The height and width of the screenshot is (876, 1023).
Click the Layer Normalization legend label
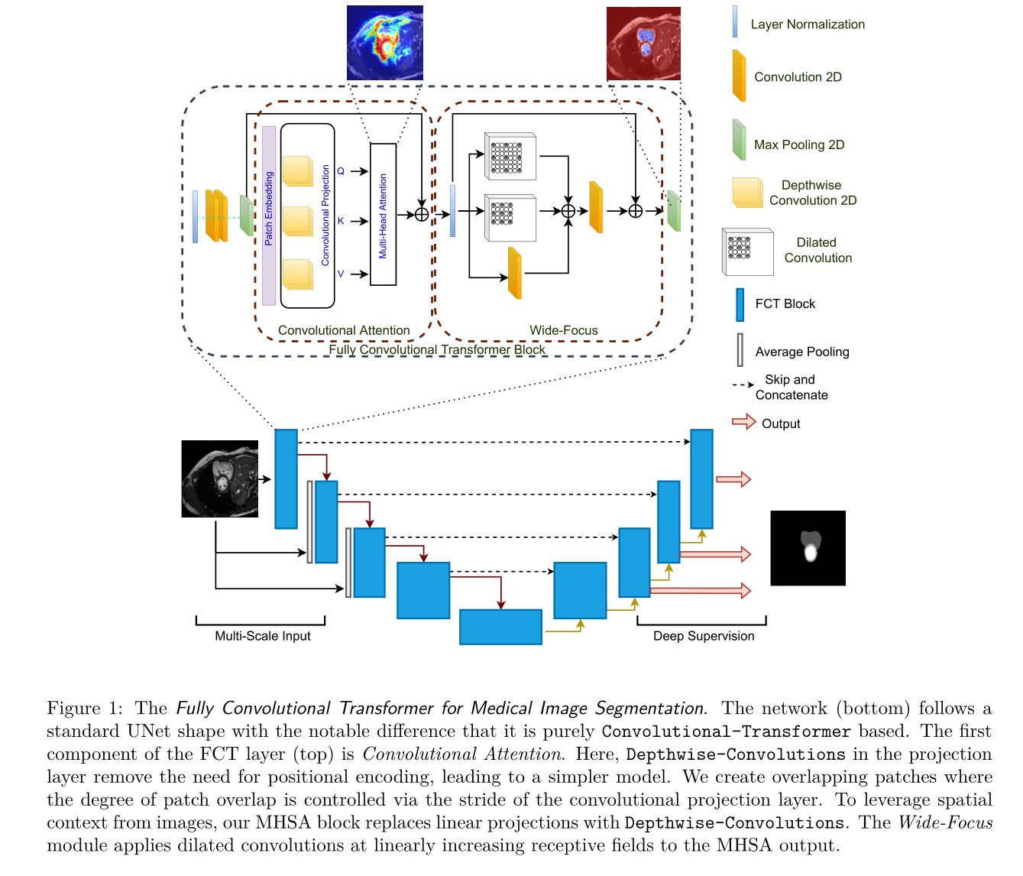coord(807,24)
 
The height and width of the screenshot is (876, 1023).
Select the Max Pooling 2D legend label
coord(798,145)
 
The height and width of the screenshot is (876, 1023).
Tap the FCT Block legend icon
coord(740,304)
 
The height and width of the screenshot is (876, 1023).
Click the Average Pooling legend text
coord(801,352)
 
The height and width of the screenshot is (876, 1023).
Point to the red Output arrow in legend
coord(743,422)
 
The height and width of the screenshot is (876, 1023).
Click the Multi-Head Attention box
coord(383,215)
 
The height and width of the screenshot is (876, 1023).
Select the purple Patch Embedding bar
coord(269,216)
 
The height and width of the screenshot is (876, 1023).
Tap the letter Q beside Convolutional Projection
coord(341,171)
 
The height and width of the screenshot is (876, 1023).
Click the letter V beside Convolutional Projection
coord(341,274)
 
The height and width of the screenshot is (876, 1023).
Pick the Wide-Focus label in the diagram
coord(563,330)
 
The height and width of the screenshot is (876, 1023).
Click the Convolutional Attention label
coord(344,330)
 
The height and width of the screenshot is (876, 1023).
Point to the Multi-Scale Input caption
coord(262,636)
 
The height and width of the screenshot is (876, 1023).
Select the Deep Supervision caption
coord(703,636)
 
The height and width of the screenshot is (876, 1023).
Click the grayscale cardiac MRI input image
coord(219,479)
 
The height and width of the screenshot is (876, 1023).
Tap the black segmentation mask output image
coord(808,548)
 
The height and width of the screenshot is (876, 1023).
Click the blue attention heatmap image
coord(384,43)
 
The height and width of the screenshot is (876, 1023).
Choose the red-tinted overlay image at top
coord(643,44)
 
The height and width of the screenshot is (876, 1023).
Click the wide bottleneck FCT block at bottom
coord(500,627)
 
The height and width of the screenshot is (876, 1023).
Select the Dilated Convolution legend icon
coord(747,251)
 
